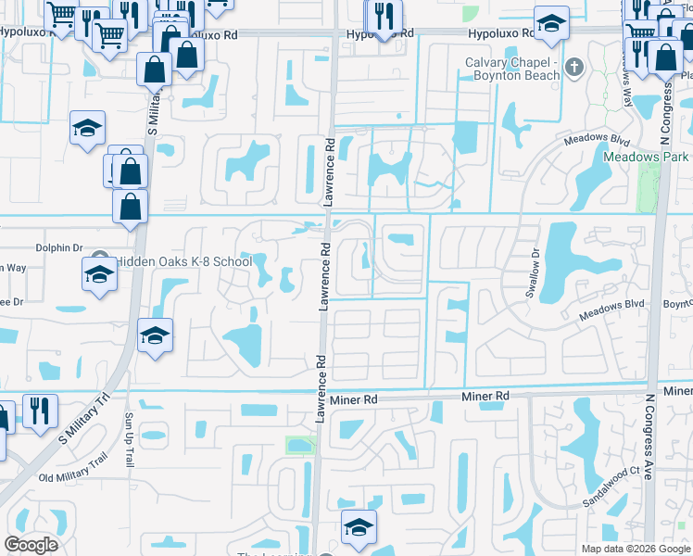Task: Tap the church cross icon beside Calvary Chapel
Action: pyautogui.click(x=574, y=67)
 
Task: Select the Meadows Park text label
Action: pyautogui.click(x=646, y=157)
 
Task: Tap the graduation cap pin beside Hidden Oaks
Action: pyautogui.click(x=100, y=274)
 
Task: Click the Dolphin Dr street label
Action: pyautogui.click(x=59, y=248)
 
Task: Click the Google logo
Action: pyautogui.click(x=31, y=545)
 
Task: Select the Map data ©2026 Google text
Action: pyautogui.click(x=635, y=549)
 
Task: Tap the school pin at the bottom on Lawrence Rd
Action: pyautogui.click(x=359, y=526)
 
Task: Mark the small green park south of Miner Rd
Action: pyautogui.click(x=300, y=445)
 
